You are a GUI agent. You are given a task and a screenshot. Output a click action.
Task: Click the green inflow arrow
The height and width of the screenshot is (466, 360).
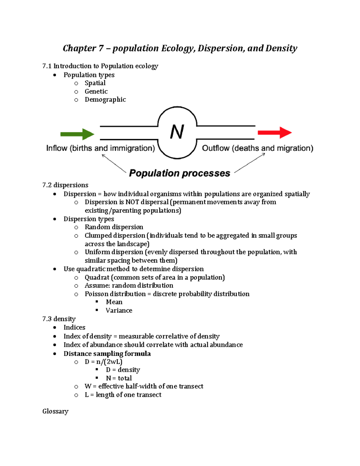point(77,134)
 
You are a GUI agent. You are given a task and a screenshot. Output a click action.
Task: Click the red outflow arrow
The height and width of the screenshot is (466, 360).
point(274,132)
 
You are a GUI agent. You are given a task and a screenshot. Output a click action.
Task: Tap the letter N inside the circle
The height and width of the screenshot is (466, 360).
point(177,132)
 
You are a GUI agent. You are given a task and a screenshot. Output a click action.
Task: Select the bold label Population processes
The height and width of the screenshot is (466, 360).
point(179,173)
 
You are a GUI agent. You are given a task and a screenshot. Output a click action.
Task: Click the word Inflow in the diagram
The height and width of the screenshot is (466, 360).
point(57,148)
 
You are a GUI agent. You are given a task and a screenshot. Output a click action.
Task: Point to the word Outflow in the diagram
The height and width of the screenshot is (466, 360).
point(216,148)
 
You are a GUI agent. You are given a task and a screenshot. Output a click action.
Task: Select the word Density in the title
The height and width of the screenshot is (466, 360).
point(281,48)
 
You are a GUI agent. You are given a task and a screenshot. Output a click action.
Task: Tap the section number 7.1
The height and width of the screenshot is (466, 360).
point(47,66)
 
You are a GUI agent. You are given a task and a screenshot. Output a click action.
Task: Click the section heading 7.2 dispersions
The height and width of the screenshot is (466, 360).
point(65,185)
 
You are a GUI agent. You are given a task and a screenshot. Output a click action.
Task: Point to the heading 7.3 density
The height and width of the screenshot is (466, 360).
point(59,319)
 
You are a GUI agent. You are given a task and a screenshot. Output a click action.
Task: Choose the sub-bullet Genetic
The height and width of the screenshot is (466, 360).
point(96,92)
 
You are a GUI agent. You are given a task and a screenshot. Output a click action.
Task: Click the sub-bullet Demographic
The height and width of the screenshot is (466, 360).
point(105,100)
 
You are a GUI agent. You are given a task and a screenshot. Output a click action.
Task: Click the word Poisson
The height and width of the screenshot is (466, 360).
point(96,294)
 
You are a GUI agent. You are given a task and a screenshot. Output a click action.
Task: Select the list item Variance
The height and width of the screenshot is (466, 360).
point(119,311)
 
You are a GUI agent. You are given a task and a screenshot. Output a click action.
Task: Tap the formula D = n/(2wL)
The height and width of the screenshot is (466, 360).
point(103,362)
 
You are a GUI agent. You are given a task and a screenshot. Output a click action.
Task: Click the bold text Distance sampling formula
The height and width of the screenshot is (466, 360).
point(107,354)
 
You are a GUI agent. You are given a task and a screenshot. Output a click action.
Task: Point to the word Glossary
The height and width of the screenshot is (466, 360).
point(55,411)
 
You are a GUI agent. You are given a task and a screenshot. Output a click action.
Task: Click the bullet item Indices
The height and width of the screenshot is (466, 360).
point(74,327)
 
